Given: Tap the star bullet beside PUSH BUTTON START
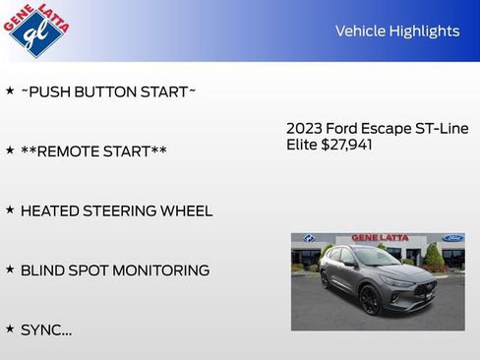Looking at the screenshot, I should coord(10,90).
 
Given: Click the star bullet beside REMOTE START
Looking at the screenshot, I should coord(10,150).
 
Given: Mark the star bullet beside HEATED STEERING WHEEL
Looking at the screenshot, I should coord(10,210).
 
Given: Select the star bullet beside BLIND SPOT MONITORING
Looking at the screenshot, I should coord(10,270).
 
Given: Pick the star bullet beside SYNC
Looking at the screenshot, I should coord(10,329).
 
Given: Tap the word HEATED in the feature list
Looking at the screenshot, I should coord(51,211).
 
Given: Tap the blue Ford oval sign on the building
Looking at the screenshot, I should coord(453,239).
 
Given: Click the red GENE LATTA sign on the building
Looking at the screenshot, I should coord(379,238).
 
